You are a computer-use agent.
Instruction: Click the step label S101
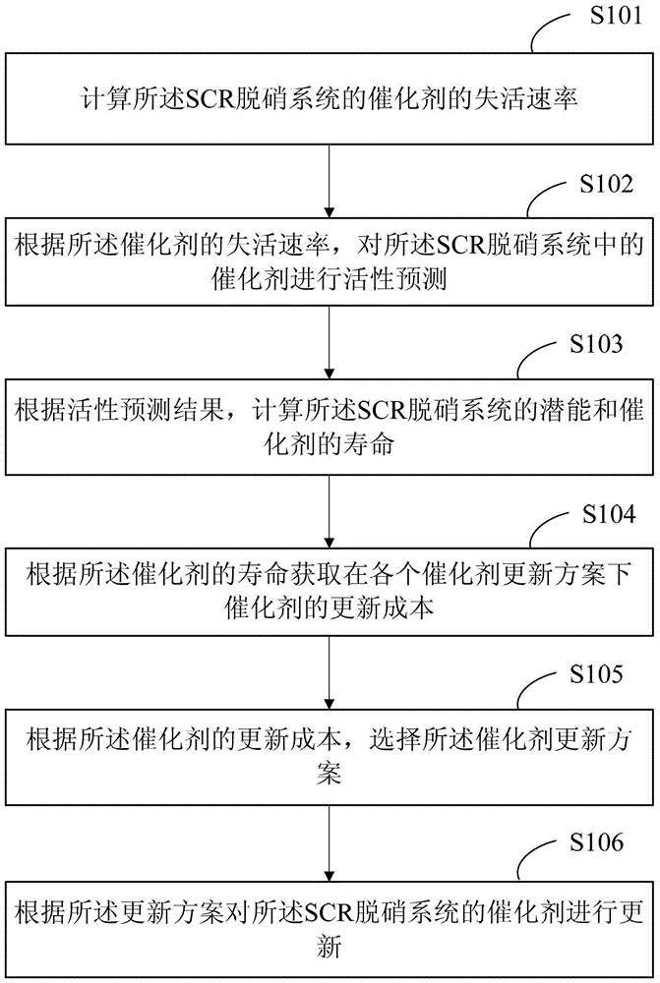coord(616,16)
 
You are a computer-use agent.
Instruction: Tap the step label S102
coord(606,184)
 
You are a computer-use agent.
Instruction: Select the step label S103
coord(596,343)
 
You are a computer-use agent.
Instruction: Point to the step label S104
coord(609,514)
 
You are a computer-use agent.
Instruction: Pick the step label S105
coord(596,674)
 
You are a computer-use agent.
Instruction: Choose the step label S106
coord(596,842)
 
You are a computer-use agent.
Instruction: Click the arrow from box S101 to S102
coord(330,181)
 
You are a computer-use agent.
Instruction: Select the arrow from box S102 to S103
coord(330,342)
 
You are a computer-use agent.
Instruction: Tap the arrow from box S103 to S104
coord(330,511)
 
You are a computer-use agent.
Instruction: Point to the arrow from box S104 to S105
coord(330,672)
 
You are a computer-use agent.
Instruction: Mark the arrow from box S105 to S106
coord(330,843)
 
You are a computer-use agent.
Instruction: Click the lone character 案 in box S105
coord(330,774)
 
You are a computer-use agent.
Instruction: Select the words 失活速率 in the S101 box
coord(525,99)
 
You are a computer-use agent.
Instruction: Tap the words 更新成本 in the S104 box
coord(382,608)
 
